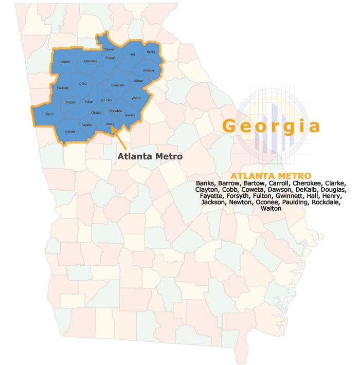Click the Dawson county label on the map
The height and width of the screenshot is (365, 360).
point(110,49)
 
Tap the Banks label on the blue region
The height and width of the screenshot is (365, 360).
point(151,52)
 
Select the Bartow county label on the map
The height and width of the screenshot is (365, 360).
point(65,62)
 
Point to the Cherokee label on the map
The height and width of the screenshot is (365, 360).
point(91,61)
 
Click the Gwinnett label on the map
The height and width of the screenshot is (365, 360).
point(118,85)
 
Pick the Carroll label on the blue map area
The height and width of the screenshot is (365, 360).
point(49,114)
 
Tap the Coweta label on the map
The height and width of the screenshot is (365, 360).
point(70,131)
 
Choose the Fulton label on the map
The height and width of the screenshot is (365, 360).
point(89,102)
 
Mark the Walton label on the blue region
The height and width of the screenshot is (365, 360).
point(136,98)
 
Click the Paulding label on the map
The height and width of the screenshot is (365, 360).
point(63,88)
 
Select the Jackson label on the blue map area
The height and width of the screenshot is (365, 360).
point(148,70)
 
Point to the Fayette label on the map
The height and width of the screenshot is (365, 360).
point(86,124)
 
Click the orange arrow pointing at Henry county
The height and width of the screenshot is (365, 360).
point(119,137)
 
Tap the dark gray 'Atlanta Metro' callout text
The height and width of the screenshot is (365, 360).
point(150,156)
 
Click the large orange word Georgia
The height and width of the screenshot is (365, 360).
point(271,126)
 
